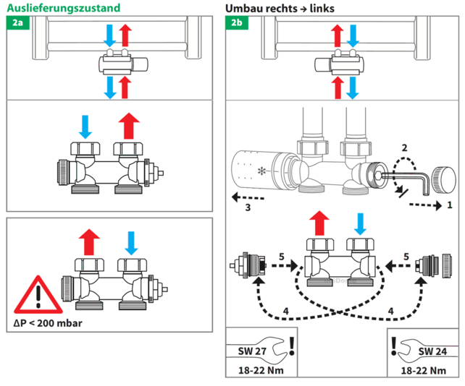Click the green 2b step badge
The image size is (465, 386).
[237, 23]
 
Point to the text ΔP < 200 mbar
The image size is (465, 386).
[47, 322]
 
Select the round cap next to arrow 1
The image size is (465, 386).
[445, 178]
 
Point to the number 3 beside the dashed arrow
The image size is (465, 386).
[248, 208]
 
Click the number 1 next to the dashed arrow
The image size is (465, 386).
[451, 205]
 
